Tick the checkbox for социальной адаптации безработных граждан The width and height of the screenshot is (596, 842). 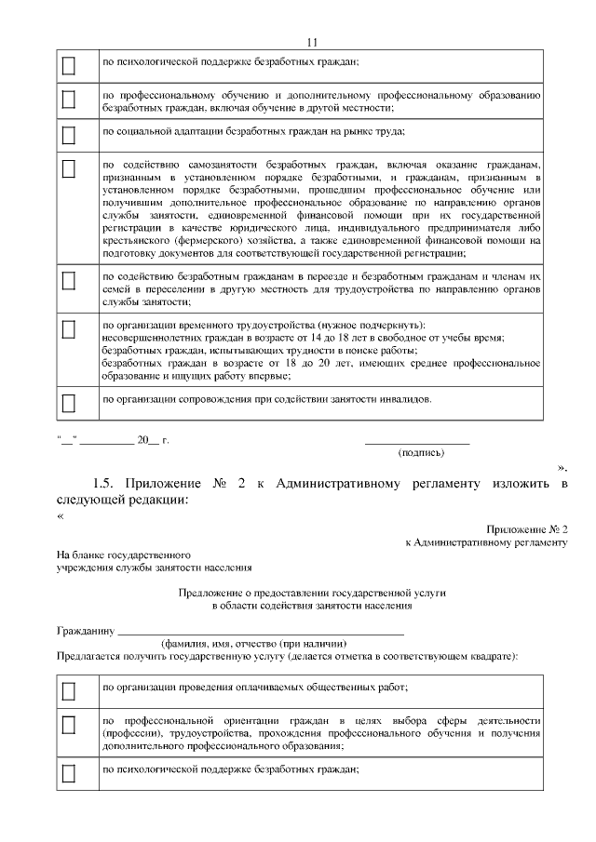(68, 134)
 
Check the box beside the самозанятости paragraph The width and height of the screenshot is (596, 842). (68, 169)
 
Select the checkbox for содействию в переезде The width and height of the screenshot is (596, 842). (68, 280)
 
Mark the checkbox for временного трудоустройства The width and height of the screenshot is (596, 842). (68, 329)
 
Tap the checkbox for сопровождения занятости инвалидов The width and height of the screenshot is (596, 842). (68, 403)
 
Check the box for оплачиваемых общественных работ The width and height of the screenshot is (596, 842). (68, 691)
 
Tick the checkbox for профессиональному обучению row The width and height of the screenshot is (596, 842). (68, 100)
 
